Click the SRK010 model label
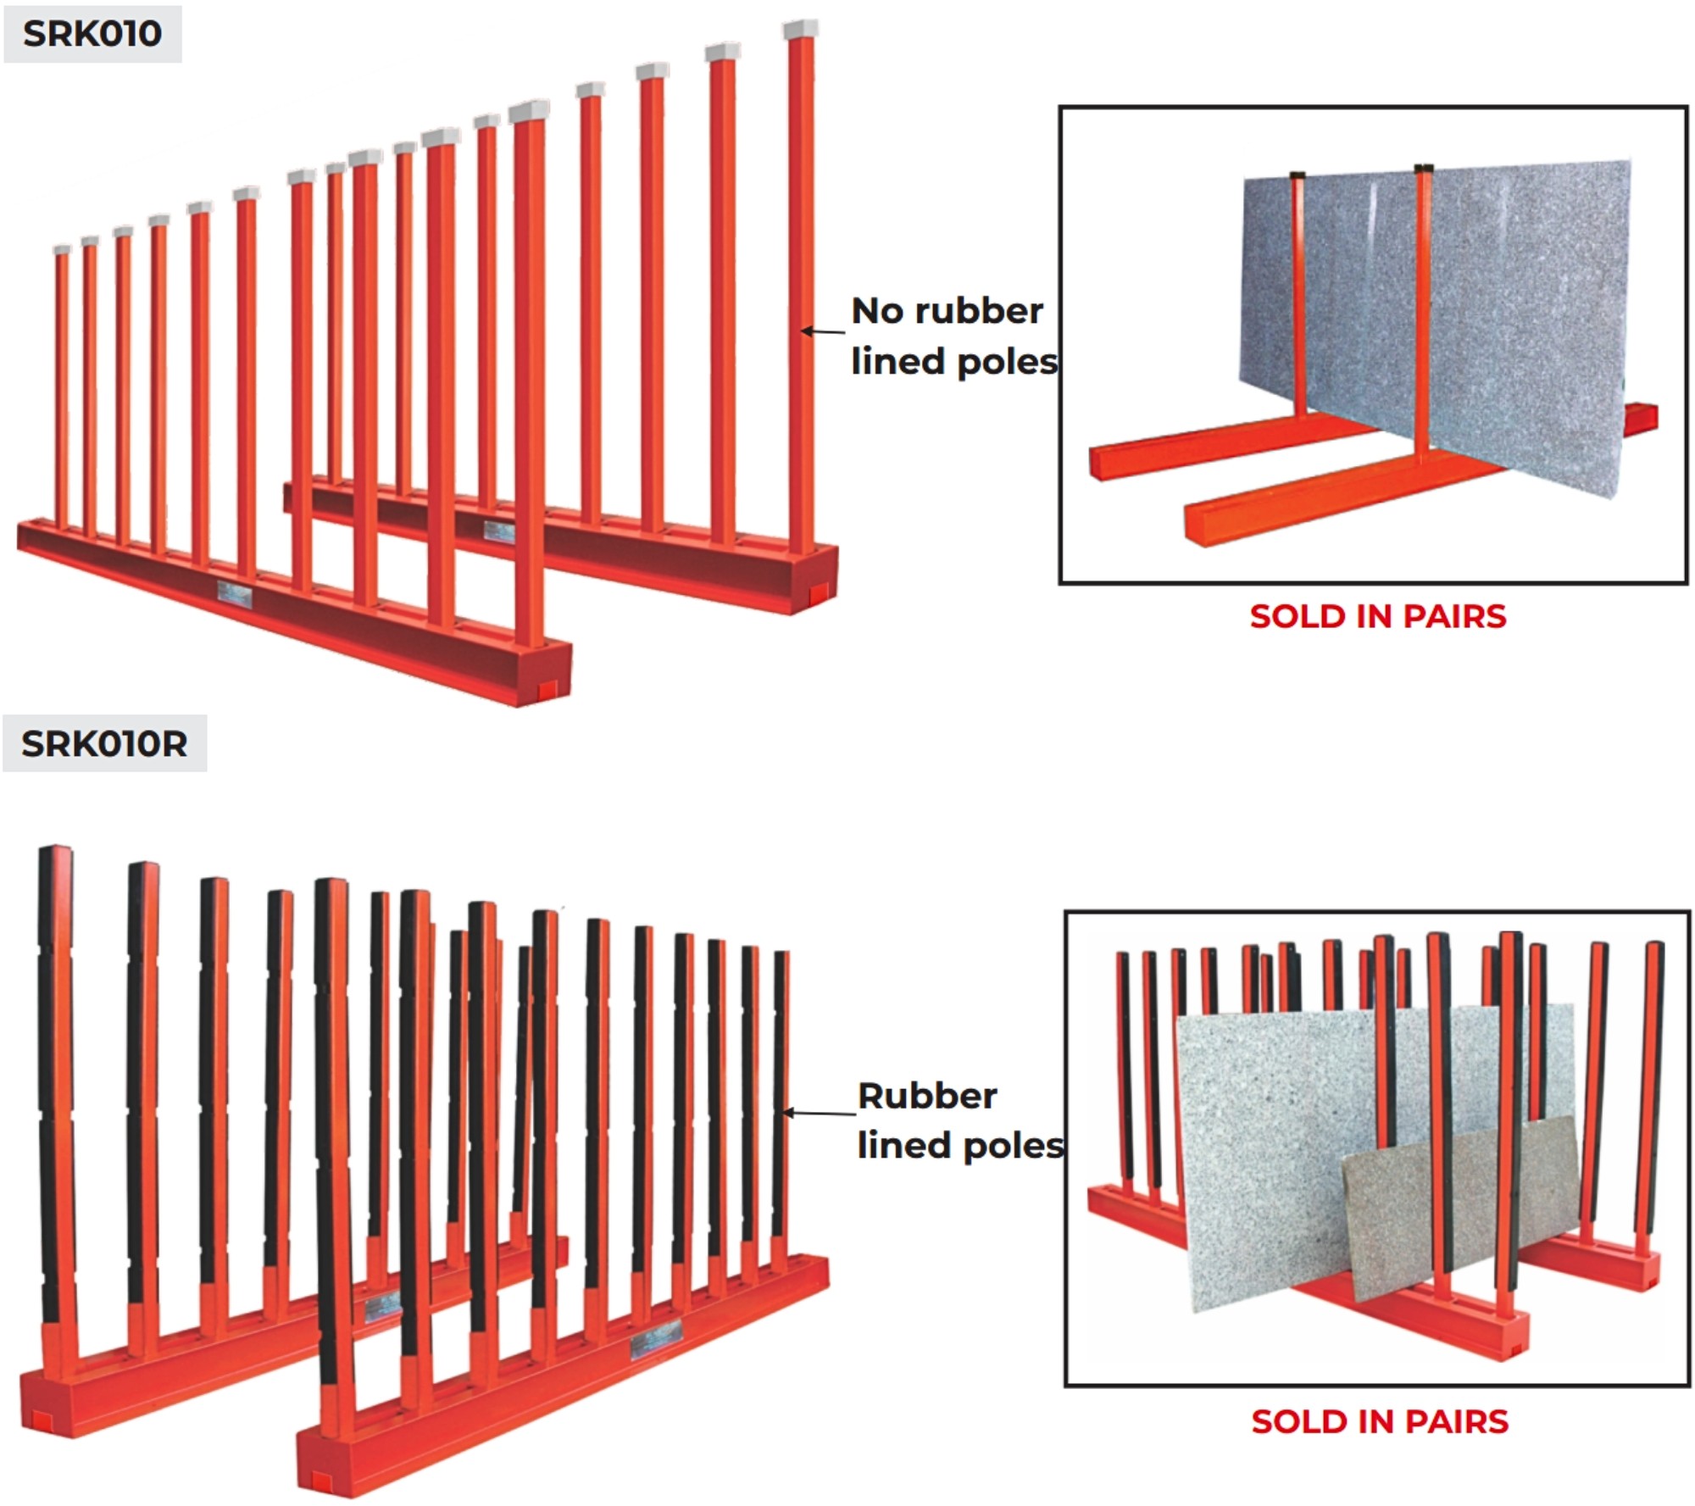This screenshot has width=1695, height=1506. [92, 34]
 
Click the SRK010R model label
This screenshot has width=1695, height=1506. [104, 743]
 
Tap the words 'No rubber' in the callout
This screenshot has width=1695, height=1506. [947, 311]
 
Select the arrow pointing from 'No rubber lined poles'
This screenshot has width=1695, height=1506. [823, 331]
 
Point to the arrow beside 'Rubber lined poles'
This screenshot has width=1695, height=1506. [819, 1113]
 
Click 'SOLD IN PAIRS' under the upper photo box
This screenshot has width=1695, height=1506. [1377, 616]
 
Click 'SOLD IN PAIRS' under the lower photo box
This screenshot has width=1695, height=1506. [1379, 1421]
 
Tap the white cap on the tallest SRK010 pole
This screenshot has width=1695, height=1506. [800, 30]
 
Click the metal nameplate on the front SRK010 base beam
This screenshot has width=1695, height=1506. [234, 594]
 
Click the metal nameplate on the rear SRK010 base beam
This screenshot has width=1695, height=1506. [498, 531]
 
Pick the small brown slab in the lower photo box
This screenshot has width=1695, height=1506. [1458, 1203]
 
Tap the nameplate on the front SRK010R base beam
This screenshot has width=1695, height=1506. [656, 1339]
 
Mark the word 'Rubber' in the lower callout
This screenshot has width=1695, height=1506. [927, 1096]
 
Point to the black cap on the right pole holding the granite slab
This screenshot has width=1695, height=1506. [1424, 168]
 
